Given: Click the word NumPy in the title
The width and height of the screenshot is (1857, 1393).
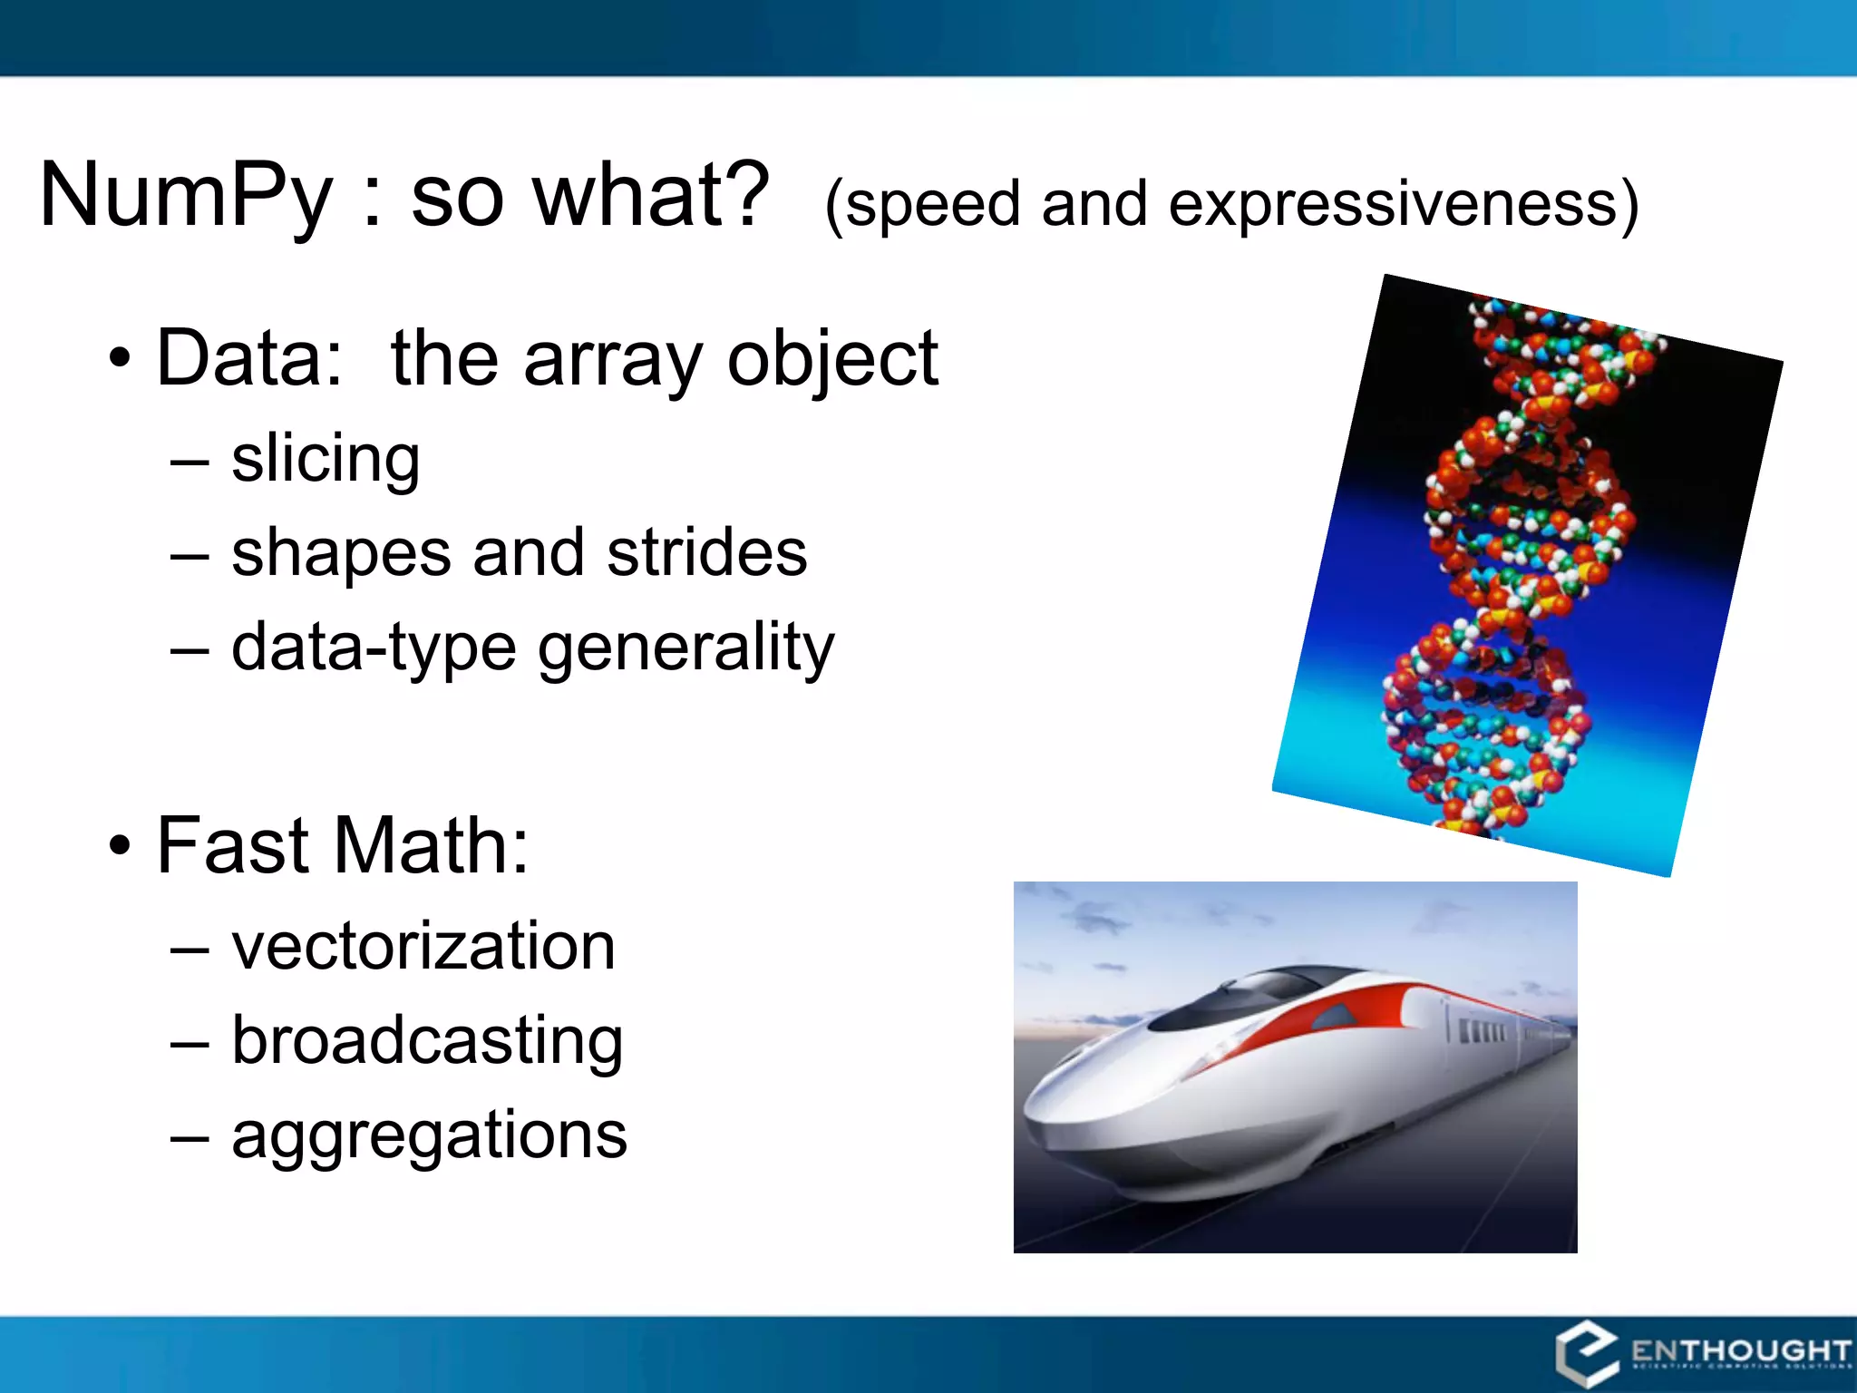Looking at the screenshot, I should coord(186,195).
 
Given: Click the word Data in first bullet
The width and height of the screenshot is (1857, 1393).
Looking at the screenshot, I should coord(249,358).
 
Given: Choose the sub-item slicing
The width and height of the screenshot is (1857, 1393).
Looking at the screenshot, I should coord(326,458).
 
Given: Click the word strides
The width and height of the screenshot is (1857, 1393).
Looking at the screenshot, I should coord(706,552).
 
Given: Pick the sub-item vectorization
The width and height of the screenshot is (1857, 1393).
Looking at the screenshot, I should coord(423,946).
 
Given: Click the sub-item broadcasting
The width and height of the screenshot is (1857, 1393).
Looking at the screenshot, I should coord(427,1040).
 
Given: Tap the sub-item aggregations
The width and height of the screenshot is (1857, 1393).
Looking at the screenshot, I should coord(429,1135).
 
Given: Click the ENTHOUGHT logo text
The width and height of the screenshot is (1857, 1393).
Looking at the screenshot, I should coord(1739,1351).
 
